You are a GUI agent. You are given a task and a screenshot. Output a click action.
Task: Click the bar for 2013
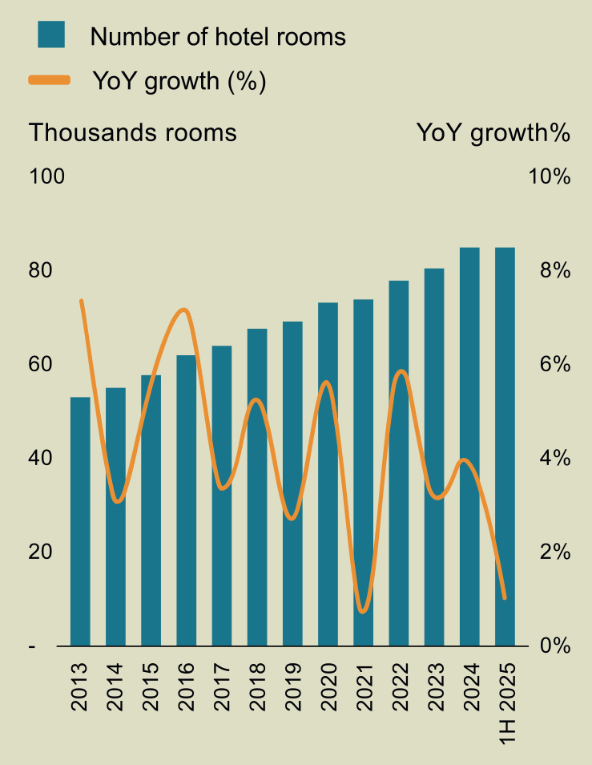click(x=80, y=521)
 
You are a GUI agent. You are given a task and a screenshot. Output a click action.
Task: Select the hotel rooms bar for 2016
click(x=186, y=500)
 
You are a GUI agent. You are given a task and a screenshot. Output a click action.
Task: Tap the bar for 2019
click(x=292, y=484)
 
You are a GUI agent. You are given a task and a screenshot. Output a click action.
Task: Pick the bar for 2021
click(x=363, y=473)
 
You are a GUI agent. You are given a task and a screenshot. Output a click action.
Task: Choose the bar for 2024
click(x=469, y=447)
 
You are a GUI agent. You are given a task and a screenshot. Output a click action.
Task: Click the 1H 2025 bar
click(x=505, y=447)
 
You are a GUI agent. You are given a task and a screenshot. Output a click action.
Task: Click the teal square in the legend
click(x=51, y=34)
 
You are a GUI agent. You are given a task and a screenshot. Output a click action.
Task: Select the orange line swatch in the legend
click(x=49, y=80)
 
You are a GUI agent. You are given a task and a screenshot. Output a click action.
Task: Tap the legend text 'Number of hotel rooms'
click(x=218, y=37)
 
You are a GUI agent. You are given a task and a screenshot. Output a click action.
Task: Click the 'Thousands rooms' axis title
click(x=132, y=132)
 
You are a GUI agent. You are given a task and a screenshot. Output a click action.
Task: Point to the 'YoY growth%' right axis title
click(x=493, y=132)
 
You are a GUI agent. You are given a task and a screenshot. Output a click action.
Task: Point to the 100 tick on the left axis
click(x=46, y=176)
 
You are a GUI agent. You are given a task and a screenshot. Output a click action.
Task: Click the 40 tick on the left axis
click(x=40, y=458)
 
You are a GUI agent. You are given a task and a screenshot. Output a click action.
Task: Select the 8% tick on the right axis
click(x=555, y=269)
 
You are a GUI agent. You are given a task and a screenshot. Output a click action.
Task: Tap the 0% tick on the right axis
click(x=555, y=646)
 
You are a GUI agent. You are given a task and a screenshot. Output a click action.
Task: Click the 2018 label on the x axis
click(x=257, y=686)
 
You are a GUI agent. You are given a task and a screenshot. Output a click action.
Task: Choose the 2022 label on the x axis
click(x=399, y=686)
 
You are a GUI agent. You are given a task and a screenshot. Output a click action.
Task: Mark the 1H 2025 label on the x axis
click(x=507, y=703)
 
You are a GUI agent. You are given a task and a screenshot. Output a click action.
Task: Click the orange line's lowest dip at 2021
click(x=362, y=611)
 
